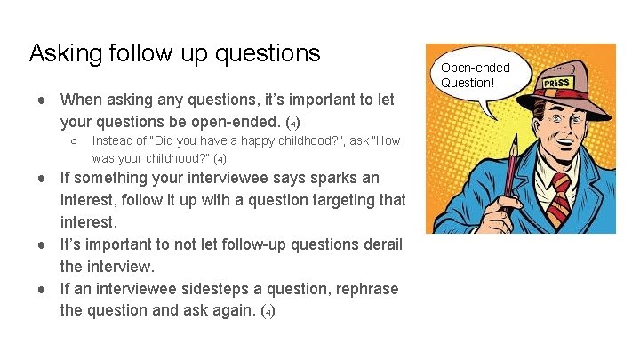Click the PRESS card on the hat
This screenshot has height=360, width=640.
[x=556, y=83]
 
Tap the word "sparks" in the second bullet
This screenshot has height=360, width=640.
[x=331, y=177]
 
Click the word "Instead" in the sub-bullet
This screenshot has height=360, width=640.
[x=112, y=140]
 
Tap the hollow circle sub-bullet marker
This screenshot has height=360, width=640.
[x=75, y=140]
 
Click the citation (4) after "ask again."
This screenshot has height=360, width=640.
[x=268, y=311]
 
